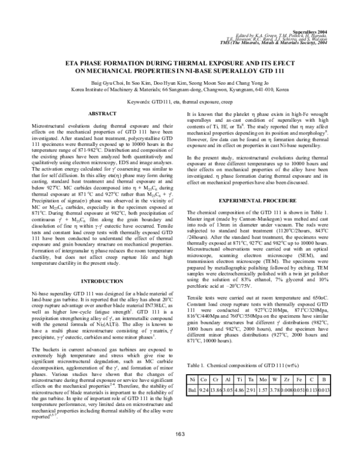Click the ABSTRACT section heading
[102, 113]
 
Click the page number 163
[180, 451]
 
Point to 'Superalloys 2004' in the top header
[313, 28]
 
